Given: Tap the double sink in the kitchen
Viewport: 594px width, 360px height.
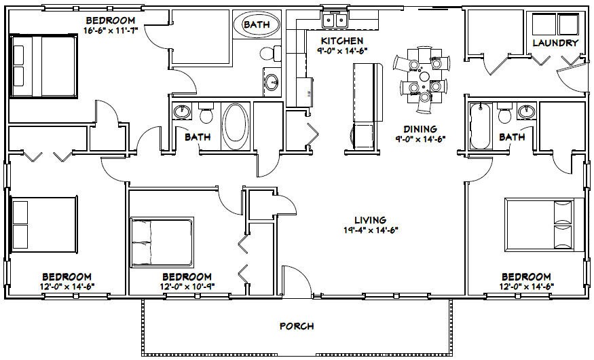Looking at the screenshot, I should click(x=335, y=19).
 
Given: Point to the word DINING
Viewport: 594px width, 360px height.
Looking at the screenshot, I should click(x=420, y=129).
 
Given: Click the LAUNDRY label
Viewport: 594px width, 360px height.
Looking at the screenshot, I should click(x=555, y=43).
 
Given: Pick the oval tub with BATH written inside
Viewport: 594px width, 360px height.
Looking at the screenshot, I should click(x=256, y=25).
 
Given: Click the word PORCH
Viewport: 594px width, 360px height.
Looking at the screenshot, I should click(x=297, y=326).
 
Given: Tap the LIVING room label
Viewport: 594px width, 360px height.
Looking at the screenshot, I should click(x=370, y=219).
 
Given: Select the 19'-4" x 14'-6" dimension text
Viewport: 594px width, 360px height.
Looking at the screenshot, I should click(x=370, y=230).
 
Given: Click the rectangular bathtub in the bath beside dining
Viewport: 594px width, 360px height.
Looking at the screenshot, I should click(x=479, y=126).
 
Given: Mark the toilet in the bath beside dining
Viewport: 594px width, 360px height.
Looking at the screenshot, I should click(x=504, y=114).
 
